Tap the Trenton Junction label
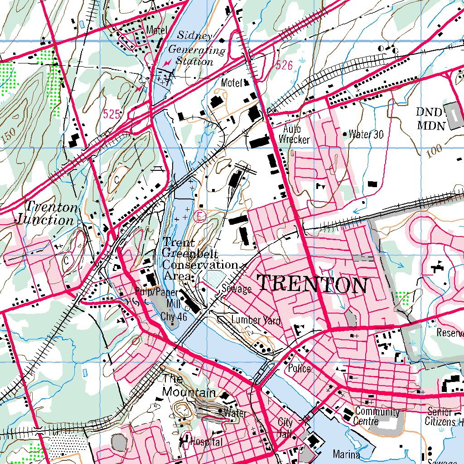[47, 213]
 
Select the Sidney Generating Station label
[195, 48]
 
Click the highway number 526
[284, 65]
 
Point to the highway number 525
[111, 114]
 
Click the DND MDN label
[431, 119]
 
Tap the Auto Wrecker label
[294, 135]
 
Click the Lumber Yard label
[256, 320]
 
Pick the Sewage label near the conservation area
[237, 289]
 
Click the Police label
[300, 368]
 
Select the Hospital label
[206, 441]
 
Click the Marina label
[346, 454]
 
